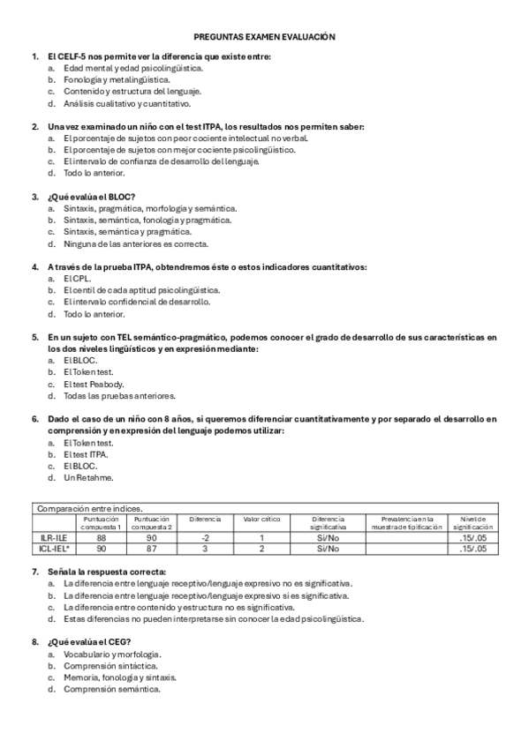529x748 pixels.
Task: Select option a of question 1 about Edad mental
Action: (x=132, y=67)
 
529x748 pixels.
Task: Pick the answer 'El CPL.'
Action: (x=78, y=278)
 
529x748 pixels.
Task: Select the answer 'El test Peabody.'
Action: (x=94, y=384)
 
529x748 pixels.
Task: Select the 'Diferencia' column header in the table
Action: (x=205, y=519)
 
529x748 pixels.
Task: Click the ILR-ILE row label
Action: (x=55, y=536)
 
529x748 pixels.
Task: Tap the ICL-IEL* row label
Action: (x=55, y=548)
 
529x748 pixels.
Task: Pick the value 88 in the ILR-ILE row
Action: (x=102, y=536)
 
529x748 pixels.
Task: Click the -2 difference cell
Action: (x=205, y=536)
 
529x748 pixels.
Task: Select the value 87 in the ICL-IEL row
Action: (x=154, y=548)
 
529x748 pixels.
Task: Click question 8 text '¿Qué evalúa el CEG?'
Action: (x=90, y=642)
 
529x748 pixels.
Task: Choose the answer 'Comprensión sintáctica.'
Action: (x=110, y=666)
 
